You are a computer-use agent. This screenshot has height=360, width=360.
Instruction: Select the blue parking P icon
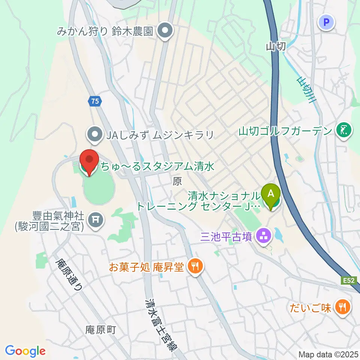[x=326, y=22]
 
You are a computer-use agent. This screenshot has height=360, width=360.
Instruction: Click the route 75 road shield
[x=95, y=101]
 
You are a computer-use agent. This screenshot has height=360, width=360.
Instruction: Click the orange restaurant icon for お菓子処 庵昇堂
[x=195, y=267]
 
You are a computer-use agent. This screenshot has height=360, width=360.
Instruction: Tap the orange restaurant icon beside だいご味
[x=342, y=307]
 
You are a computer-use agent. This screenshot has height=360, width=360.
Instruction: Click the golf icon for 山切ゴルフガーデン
[x=343, y=130]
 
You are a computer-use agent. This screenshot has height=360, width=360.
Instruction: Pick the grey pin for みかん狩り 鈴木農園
[x=164, y=31]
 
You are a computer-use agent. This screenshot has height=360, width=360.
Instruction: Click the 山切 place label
[x=276, y=46]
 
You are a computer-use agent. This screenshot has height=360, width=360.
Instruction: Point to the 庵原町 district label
[x=101, y=330]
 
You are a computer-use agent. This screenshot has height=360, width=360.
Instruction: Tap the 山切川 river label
[x=306, y=90]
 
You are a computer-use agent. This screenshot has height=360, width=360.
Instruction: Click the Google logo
[x=25, y=351]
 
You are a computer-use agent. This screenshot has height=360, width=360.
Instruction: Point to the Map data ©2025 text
[x=328, y=354]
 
